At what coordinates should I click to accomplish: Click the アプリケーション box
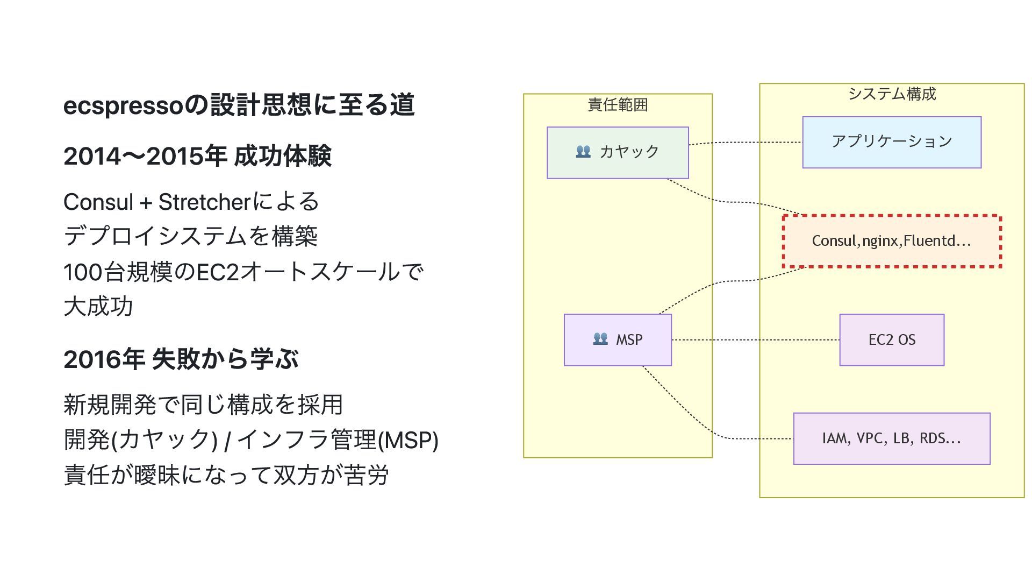891,142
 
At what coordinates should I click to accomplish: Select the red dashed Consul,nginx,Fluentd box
891,240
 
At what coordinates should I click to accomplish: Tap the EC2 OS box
891,339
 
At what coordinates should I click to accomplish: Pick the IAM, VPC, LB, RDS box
891,438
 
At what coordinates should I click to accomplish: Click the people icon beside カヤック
583,152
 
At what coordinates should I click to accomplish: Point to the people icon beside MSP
600,339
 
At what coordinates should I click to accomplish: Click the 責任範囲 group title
618,104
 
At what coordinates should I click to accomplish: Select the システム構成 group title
892,94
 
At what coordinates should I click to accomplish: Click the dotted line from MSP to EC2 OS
755,340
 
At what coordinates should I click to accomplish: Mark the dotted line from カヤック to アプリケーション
747,143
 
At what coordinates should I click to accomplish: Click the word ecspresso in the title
123,105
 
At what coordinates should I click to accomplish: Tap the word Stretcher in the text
205,202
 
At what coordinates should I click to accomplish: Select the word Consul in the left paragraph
98,202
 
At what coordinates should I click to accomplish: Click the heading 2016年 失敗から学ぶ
181,359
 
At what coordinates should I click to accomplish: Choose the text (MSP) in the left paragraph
408,440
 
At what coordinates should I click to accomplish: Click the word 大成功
98,307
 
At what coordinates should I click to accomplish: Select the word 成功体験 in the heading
283,157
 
